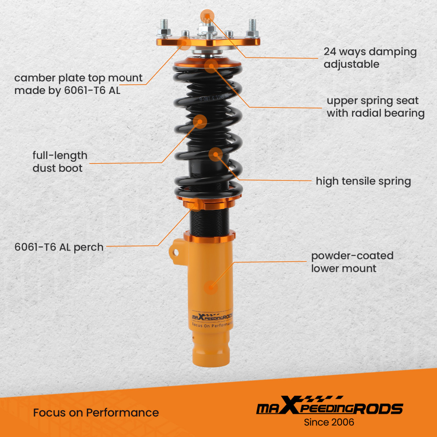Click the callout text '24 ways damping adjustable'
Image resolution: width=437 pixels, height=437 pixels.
coord(370,58)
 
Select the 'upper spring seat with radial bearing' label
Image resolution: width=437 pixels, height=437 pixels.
coord(375,107)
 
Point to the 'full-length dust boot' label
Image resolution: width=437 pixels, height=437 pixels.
coord(60,162)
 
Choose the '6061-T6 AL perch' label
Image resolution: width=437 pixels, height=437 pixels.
coord(59,247)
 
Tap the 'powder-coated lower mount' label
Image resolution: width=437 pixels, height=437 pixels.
coord(352,262)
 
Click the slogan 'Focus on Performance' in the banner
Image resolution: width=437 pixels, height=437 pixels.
coord(96,413)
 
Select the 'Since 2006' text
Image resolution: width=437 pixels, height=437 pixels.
coord(329,422)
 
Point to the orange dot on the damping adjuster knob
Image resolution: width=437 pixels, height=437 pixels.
coord(207,16)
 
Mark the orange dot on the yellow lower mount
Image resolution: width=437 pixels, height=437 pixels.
coord(211,288)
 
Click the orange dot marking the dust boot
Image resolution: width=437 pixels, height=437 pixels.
coord(200,121)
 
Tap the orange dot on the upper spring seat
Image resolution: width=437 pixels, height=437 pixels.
coord(211,66)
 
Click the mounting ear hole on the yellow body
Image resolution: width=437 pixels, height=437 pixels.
coord(176,252)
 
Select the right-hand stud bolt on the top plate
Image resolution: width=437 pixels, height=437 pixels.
coord(253,28)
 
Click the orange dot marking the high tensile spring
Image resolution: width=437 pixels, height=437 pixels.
coord(215,154)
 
